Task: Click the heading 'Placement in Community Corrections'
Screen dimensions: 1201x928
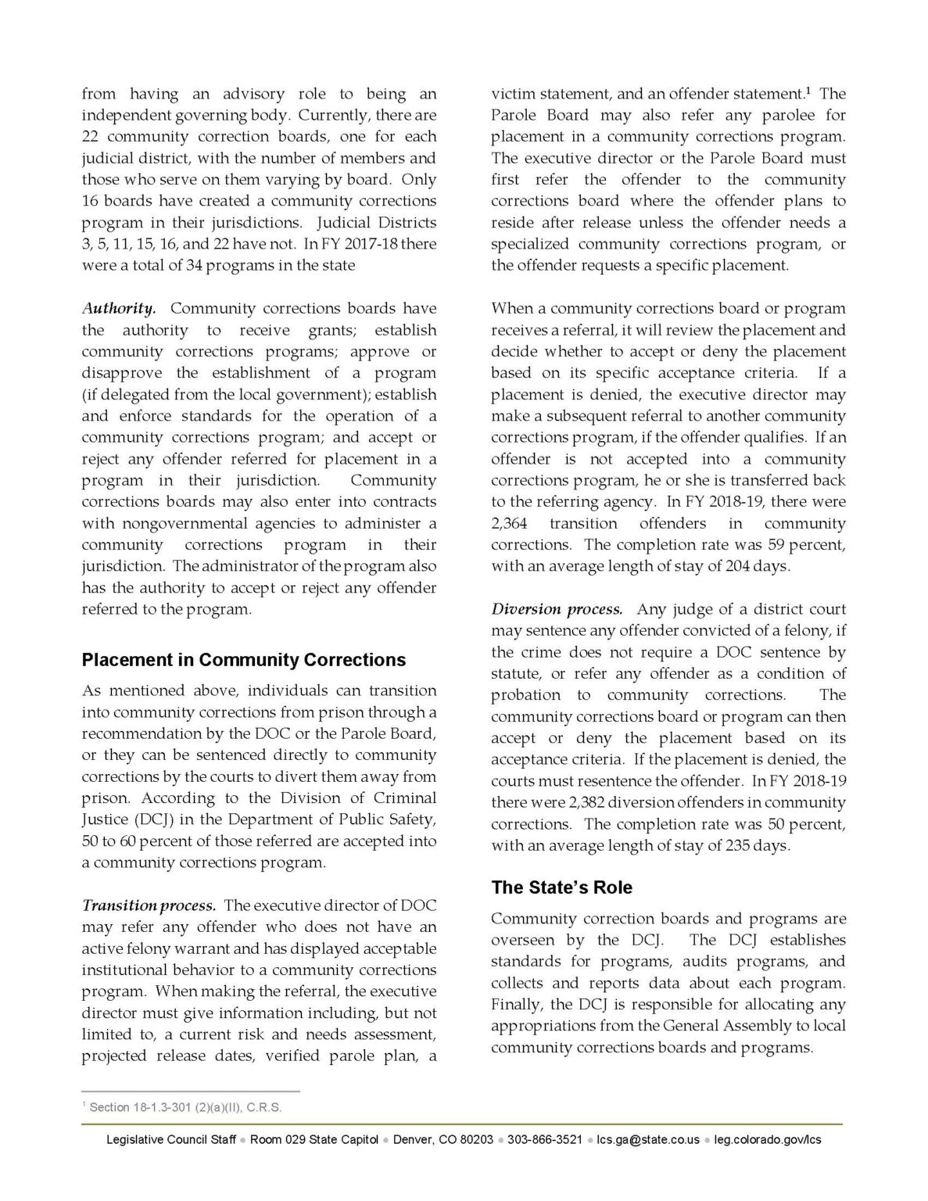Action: pos(243,660)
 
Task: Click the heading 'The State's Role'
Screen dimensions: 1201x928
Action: pos(561,887)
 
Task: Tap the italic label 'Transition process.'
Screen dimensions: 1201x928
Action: pos(149,905)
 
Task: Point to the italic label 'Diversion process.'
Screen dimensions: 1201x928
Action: pos(557,609)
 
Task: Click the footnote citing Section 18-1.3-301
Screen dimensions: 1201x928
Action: pos(185,1107)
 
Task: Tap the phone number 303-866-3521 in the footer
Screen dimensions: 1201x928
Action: pos(544,1139)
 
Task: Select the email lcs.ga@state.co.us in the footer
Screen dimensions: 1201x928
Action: pos(647,1139)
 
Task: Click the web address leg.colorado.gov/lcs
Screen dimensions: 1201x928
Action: pos(768,1139)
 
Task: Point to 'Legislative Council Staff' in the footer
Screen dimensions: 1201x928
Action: pos(171,1139)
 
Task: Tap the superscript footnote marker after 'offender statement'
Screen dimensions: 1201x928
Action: pos(807,91)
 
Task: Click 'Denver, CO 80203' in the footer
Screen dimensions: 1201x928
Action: pos(443,1139)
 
